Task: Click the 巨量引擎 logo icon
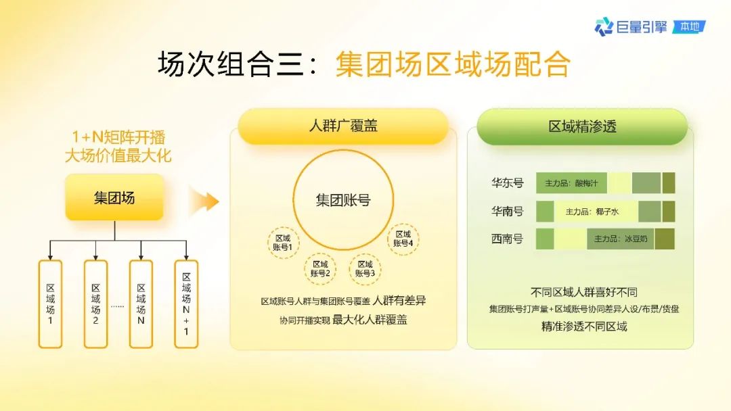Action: tap(604, 26)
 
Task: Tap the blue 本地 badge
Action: tap(690, 26)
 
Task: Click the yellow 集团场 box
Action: tap(114, 197)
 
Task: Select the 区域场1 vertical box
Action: tap(50, 304)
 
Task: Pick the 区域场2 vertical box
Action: tap(95, 304)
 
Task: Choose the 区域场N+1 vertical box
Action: tap(186, 304)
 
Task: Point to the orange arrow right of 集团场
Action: tap(204, 201)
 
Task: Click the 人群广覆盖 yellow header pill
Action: tap(343, 126)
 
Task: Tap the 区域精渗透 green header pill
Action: tap(582, 126)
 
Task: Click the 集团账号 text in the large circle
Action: tap(343, 200)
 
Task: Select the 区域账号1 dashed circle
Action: tap(283, 243)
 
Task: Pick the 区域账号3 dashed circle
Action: tap(365, 268)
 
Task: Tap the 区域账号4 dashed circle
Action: tap(403, 239)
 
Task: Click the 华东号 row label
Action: tap(507, 183)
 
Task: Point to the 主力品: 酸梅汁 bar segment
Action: tap(571, 183)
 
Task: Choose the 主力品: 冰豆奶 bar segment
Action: tap(621, 239)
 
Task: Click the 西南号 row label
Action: tap(507, 239)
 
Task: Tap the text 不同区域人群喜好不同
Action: tap(583, 292)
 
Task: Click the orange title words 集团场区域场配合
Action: tap(453, 64)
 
